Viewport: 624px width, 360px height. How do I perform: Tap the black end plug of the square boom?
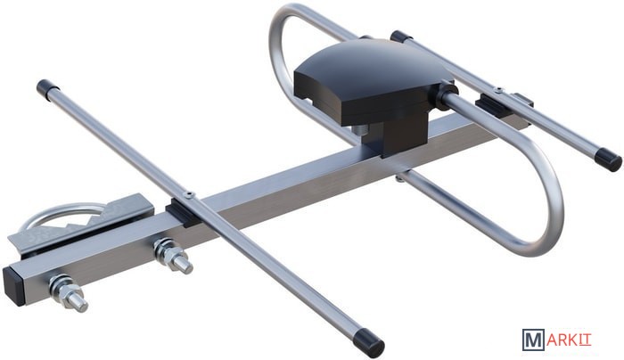pos(14,286)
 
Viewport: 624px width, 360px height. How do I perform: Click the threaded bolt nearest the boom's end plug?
pos(69,293)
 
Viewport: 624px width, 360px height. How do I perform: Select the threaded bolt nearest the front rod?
pos(173,257)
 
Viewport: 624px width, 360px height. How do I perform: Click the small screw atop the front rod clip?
pos(188,195)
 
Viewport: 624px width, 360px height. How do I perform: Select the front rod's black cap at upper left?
pos(47,87)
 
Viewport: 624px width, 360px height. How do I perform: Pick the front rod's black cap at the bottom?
pos(369,341)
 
